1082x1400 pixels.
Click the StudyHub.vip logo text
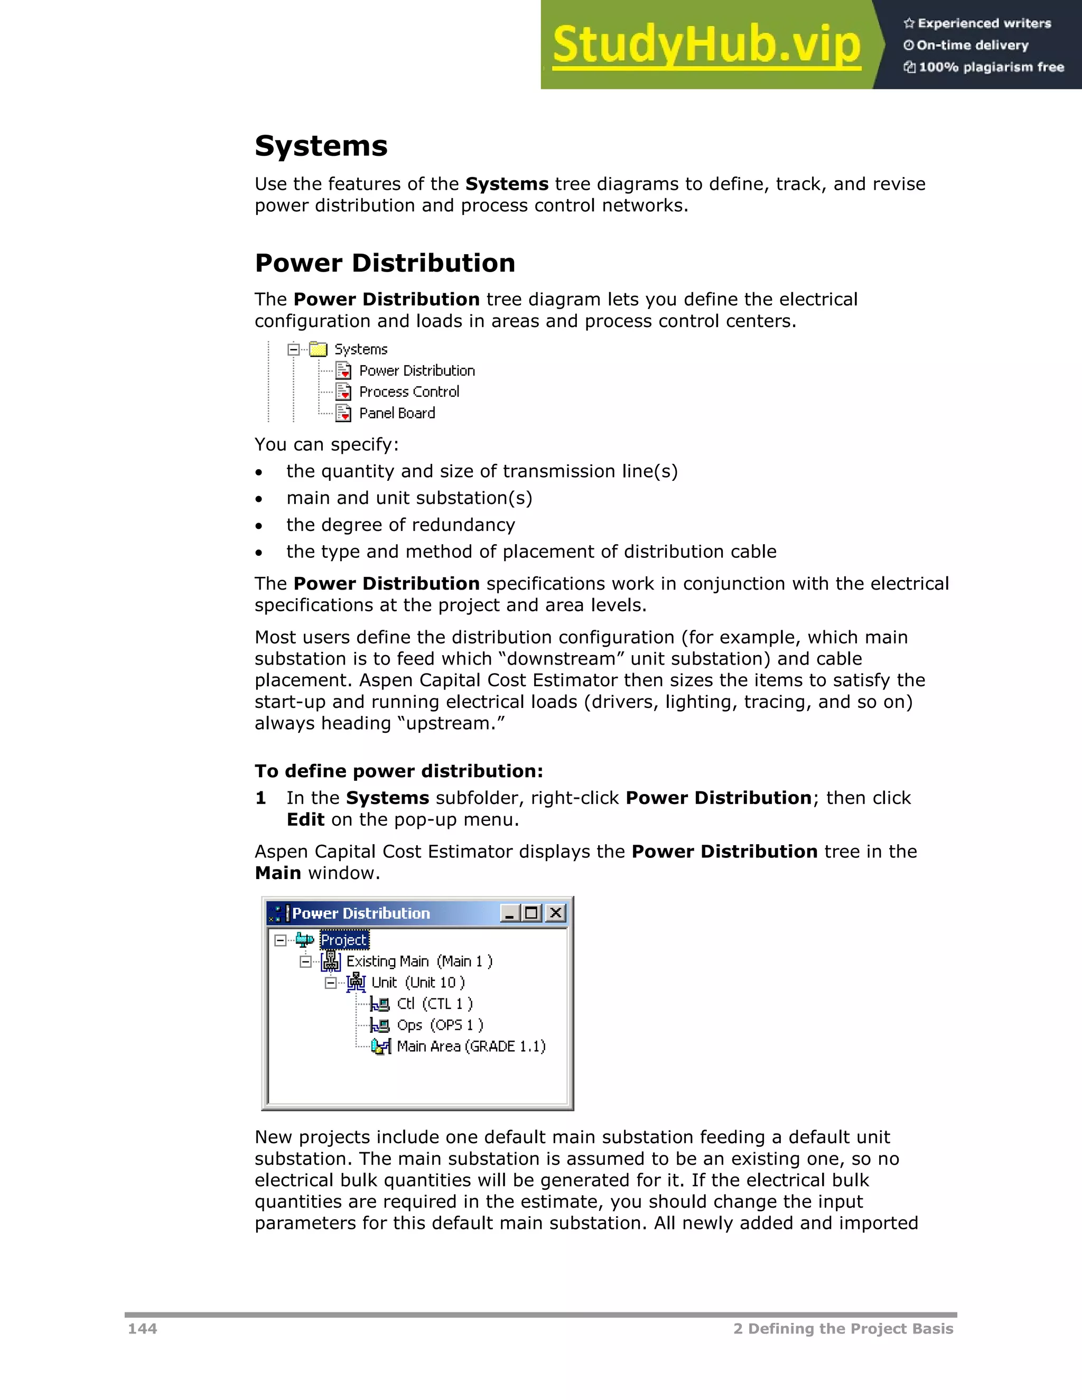point(706,45)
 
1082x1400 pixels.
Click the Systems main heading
point(321,146)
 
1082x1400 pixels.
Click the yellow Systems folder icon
point(318,349)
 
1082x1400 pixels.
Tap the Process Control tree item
point(408,391)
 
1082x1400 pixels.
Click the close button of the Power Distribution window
point(556,913)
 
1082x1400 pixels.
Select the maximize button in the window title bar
point(532,913)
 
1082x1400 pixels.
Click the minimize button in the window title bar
point(510,913)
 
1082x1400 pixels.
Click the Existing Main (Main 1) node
point(418,962)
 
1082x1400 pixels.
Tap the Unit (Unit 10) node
point(417,983)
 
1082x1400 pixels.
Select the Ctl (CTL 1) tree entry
point(434,1004)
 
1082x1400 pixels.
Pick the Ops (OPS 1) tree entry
point(439,1025)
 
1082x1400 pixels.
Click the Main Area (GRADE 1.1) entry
point(471,1046)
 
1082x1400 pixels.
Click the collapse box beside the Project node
point(280,940)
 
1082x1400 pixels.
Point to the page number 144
point(142,1329)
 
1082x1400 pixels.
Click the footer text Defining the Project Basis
point(850,1329)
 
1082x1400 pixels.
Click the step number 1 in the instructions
point(260,798)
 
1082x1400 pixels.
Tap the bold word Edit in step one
point(305,820)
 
